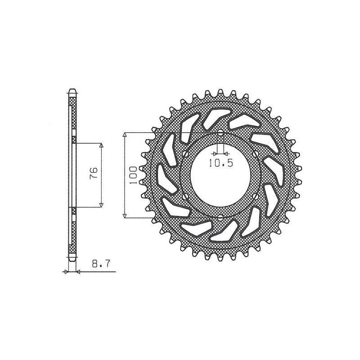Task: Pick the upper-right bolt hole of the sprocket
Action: (x=257, y=154)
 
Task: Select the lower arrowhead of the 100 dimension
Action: (x=125, y=216)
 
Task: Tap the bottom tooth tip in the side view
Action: (x=72, y=261)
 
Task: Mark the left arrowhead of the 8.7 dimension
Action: (x=67, y=272)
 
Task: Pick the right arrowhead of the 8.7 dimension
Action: (x=78, y=272)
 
